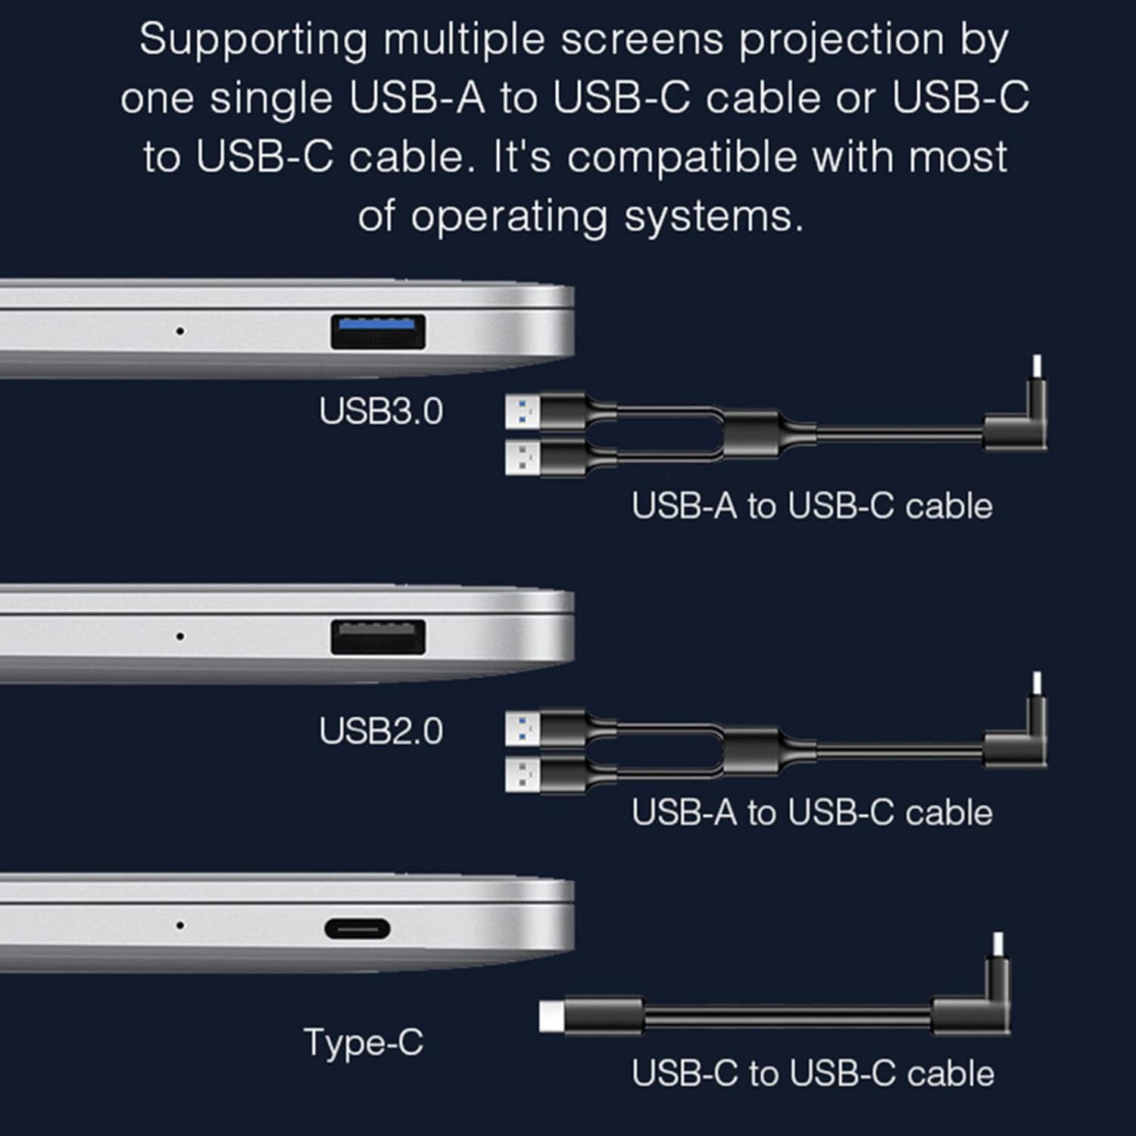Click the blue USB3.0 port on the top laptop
378,332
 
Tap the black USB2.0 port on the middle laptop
378,637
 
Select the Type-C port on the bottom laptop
357,928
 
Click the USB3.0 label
381,411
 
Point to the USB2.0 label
381,732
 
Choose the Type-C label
364,1043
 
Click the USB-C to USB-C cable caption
813,1074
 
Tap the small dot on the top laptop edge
179,331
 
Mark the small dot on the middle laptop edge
179,636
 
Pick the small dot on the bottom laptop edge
179,925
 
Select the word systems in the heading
713,218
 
